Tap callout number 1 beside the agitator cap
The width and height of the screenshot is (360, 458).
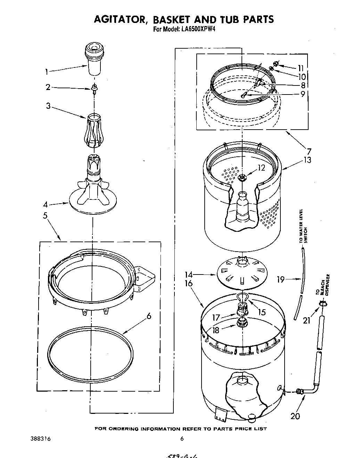point(46,72)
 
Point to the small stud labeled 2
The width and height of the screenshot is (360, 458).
point(93,88)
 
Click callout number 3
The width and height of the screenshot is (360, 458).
point(49,106)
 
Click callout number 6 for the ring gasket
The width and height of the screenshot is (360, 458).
point(148,316)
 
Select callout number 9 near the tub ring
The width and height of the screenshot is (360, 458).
point(303,94)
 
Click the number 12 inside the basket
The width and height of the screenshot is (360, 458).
point(261,167)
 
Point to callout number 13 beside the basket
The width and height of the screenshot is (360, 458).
point(306,160)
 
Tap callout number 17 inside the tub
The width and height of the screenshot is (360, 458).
point(216,317)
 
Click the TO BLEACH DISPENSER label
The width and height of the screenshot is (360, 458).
point(323,285)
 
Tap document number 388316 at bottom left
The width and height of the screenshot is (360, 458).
point(41,439)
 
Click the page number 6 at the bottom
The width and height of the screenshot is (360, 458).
point(181,439)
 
